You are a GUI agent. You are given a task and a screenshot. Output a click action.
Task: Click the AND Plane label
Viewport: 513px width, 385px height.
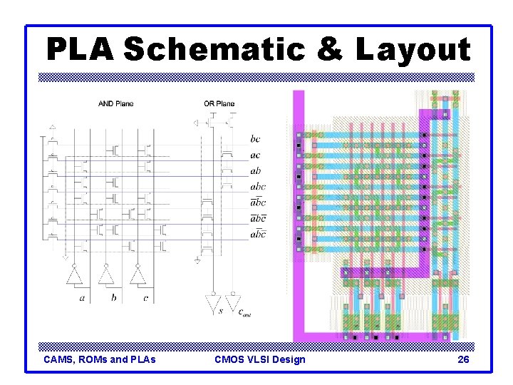115,104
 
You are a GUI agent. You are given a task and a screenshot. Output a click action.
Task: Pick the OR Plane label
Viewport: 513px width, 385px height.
219,104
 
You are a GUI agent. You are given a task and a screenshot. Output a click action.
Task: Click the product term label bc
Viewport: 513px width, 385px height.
255,139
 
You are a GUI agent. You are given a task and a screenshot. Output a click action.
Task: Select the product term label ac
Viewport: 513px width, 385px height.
255,155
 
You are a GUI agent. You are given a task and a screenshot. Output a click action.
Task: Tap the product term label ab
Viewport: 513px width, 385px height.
255,171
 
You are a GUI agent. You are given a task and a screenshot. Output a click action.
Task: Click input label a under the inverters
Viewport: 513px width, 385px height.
82,298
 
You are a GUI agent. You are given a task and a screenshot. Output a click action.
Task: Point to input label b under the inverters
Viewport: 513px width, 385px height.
113,298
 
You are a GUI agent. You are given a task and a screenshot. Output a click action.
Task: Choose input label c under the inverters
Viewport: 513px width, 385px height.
145,298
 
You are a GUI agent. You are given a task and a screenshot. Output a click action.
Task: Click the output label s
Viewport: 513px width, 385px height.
220,311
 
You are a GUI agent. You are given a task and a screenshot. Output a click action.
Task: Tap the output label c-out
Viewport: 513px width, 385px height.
242,312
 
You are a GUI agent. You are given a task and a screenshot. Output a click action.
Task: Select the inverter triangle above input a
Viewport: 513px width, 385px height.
74,276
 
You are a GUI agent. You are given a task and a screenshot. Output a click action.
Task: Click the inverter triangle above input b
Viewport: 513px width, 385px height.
106,276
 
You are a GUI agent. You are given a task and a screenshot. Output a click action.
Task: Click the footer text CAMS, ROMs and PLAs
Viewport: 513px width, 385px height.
100,359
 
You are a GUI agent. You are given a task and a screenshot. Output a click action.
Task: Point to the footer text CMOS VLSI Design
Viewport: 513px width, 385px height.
259,359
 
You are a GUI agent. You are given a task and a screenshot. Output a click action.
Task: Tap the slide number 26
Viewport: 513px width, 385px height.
462,359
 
